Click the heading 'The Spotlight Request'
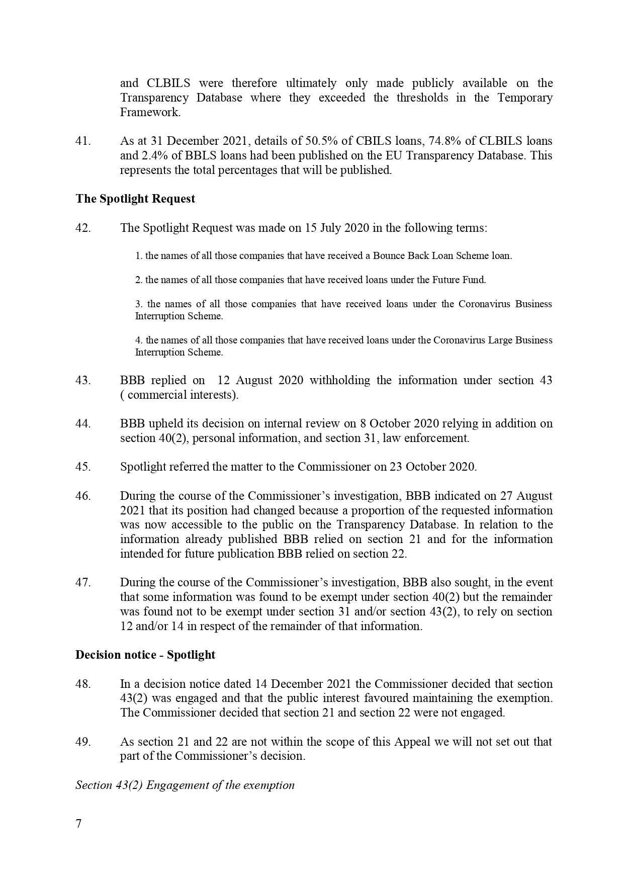click(135, 199)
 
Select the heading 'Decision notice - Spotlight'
click(145, 655)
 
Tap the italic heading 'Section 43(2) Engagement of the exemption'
click(185, 785)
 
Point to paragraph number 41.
click(83, 141)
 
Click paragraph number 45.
click(83, 467)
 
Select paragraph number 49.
click(83, 742)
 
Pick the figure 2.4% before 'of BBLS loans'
click(151, 155)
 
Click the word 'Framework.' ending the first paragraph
click(150, 112)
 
